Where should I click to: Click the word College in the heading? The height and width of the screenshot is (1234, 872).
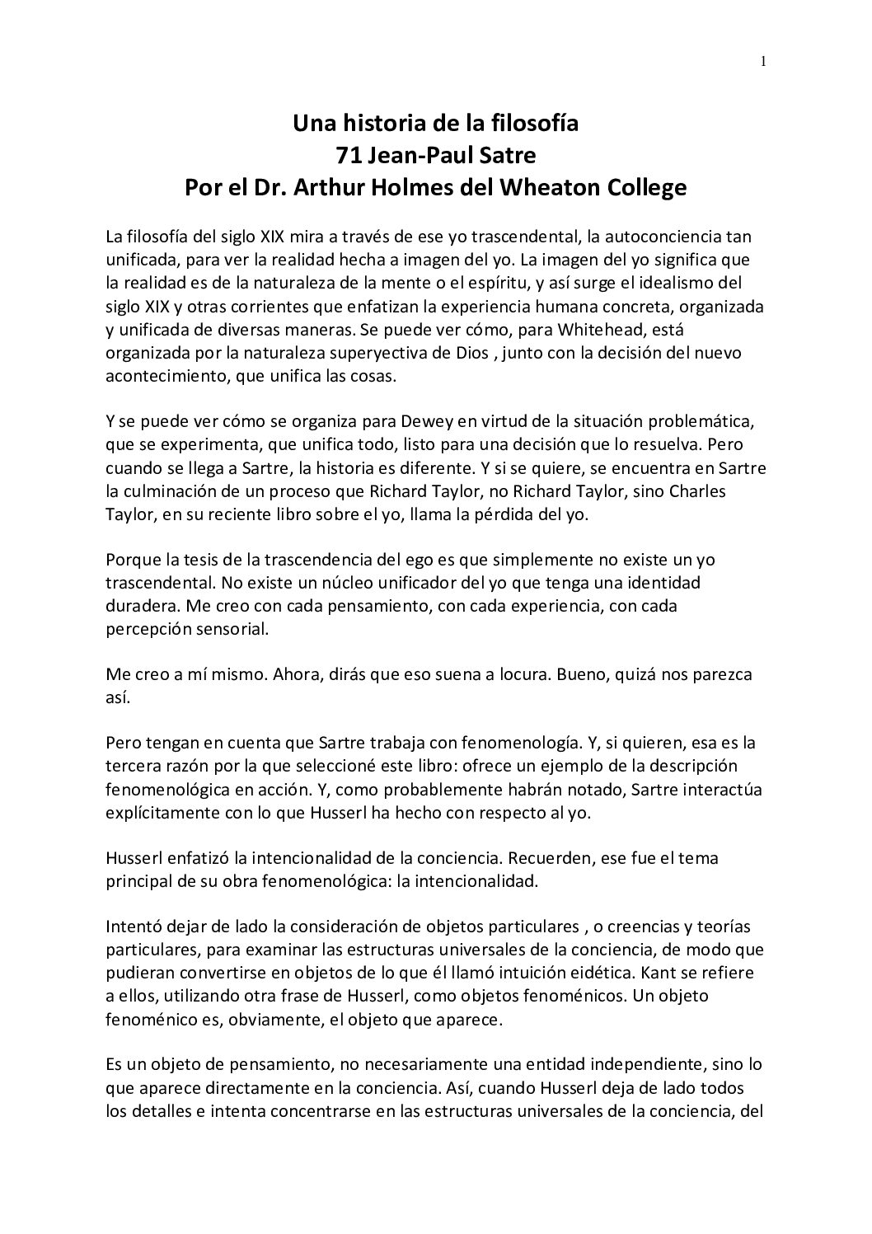[647, 188]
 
